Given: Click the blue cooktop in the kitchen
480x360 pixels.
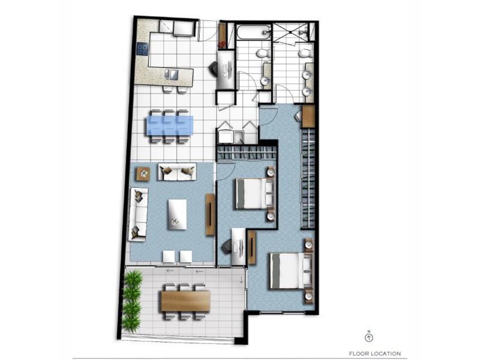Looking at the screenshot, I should [x=143, y=49].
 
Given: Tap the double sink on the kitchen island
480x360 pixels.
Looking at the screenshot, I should [x=172, y=74].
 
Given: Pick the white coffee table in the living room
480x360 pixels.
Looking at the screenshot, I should [x=174, y=213].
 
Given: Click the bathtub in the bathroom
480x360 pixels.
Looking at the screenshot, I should [x=254, y=32].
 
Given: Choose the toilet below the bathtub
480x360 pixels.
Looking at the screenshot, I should [x=262, y=55].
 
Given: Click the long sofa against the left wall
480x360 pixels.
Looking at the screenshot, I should [x=139, y=213].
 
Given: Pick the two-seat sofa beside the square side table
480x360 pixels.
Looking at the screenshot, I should [x=176, y=172].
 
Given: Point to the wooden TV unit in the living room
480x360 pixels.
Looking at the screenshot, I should [x=210, y=214].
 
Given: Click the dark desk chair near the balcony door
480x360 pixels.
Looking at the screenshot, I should [x=227, y=246].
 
